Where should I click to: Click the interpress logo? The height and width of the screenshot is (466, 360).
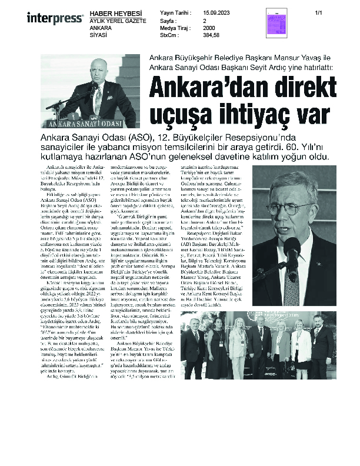(55, 18)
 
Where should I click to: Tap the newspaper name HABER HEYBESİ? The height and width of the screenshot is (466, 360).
(111, 13)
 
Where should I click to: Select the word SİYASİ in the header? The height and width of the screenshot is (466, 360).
(98, 35)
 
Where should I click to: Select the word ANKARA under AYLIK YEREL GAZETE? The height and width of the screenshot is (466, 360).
(101, 28)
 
